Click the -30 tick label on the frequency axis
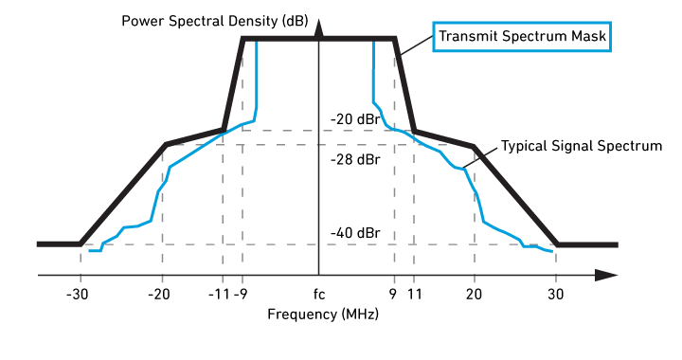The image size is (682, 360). [x=77, y=295]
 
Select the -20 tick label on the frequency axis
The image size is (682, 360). [x=159, y=295]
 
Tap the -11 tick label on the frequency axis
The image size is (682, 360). [x=219, y=295]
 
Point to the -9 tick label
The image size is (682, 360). [x=241, y=295]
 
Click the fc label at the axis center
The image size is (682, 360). [x=319, y=295]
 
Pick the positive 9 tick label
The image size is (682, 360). [x=393, y=295]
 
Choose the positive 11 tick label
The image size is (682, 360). [x=415, y=295]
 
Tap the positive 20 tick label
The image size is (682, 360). [x=474, y=295]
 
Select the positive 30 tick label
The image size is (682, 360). [x=555, y=295]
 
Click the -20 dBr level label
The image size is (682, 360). [x=355, y=119]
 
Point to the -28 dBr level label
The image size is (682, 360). [x=355, y=159]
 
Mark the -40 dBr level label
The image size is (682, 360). [x=355, y=233]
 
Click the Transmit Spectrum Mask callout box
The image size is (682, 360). [x=522, y=37]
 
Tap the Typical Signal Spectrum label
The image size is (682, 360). [x=582, y=146]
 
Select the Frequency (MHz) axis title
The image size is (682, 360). [x=323, y=314]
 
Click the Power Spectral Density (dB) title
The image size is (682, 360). [x=215, y=21]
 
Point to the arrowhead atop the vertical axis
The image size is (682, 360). [x=319, y=28]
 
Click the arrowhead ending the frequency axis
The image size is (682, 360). [x=606, y=276]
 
